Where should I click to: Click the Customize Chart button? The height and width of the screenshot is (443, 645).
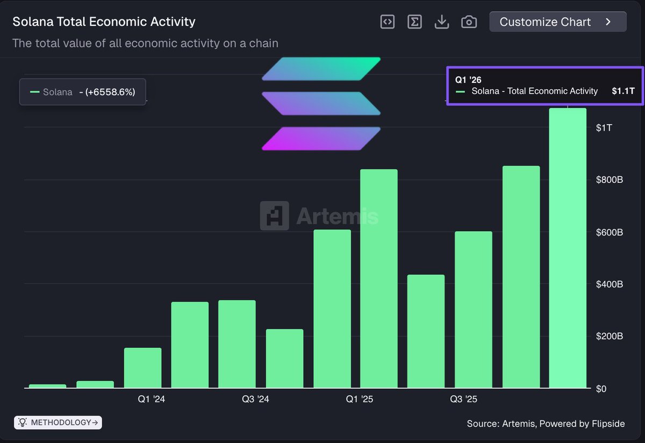[x=557, y=22]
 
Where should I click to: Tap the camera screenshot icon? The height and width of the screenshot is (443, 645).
[x=469, y=22]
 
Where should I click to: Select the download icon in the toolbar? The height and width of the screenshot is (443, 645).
[x=442, y=22]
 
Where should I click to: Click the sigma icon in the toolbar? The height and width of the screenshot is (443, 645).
[x=414, y=22]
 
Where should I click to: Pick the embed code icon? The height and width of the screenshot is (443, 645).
[x=387, y=22]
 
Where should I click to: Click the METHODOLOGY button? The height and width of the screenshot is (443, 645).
[x=58, y=423]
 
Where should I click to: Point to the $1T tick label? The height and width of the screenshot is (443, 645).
[x=604, y=127]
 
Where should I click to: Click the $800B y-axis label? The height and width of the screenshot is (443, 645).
[x=609, y=180]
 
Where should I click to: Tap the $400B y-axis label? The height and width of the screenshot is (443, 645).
[x=609, y=284]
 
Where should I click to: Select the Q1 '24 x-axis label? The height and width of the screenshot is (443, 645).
[x=152, y=399]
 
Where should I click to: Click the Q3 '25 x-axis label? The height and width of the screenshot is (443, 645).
[x=463, y=399]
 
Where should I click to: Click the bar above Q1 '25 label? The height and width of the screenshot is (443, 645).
[x=379, y=279]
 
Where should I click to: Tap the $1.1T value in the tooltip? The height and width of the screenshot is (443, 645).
[x=623, y=91]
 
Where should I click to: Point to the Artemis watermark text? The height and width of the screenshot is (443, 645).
[x=337, y=216]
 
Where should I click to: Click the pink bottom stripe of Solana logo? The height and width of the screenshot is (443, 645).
[x=321, y=139]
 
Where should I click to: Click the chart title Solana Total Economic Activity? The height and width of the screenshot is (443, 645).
[x=104, y=22]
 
